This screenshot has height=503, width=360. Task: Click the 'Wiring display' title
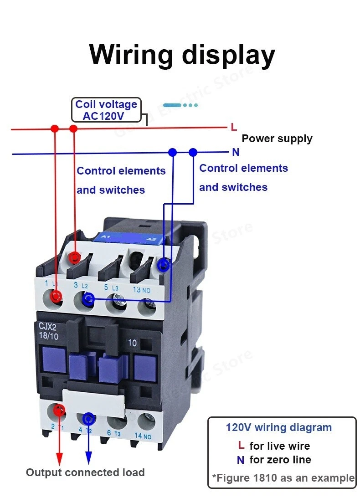182,55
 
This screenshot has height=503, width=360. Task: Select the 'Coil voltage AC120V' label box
107,110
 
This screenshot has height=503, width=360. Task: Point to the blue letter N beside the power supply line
236,152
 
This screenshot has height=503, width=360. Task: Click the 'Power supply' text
277,139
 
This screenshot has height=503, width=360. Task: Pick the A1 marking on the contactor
105,237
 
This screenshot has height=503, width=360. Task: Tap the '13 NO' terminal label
142,289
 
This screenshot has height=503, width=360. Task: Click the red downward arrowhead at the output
59,457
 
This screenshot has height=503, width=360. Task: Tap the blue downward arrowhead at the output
89,457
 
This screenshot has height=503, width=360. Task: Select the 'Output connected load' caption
85,472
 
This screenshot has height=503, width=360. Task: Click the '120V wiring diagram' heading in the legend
279,428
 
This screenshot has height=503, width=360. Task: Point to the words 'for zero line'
280,460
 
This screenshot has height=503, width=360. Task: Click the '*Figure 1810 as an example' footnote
283,478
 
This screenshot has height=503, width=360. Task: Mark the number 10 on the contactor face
132,343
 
